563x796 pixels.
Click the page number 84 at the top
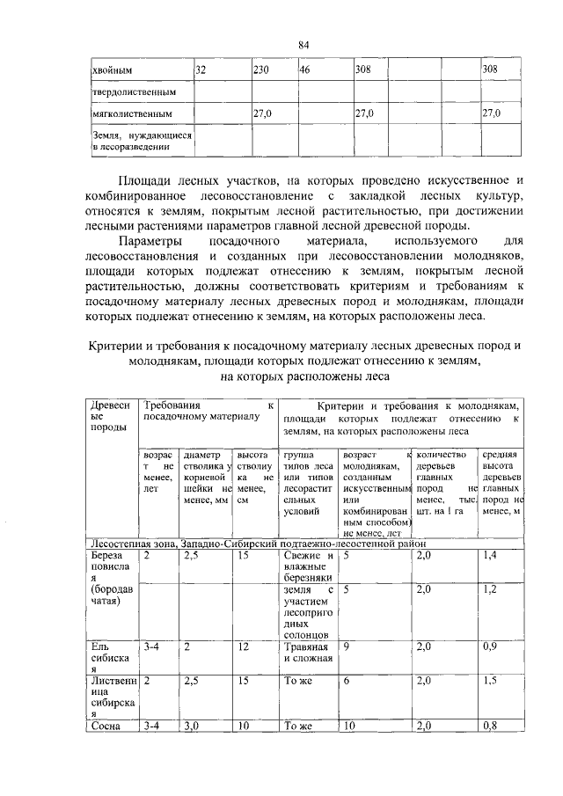(303, 45)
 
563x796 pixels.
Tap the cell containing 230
(260, 69)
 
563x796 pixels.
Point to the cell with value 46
(304, 69)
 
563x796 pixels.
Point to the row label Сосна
(106, 726)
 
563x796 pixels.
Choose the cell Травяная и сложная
(307, 652)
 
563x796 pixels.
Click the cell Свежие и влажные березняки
(307, 567)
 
